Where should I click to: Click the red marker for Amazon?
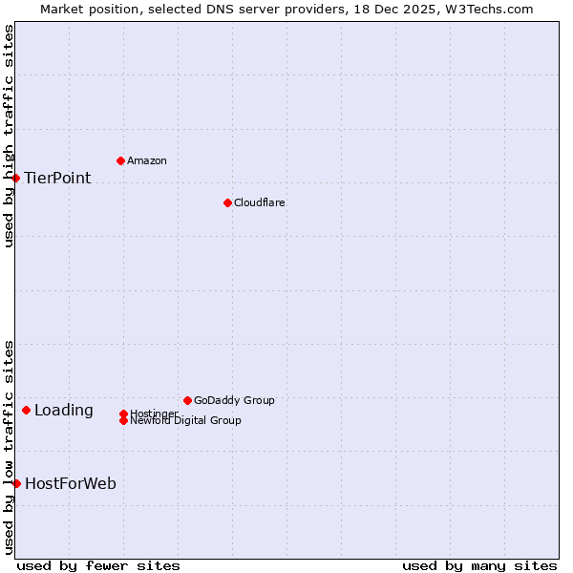[x=120, y=160]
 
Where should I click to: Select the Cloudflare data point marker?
[x=227, y=202]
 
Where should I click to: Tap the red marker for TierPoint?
[x=16, y=178]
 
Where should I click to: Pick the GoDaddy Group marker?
[x=187, y=400]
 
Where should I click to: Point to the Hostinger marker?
[x=123, y=414]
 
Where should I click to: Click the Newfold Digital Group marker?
[x=123, y=420]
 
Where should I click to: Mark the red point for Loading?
[x=26, y=410]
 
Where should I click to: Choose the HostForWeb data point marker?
[x=16, y=483]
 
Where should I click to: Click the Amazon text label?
[x=146, y=160]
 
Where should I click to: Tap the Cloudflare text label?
[x=259, y=202]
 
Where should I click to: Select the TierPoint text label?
[x=57, y=178]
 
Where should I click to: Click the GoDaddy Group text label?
[x=234, y=400]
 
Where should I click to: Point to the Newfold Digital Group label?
[x=185, y=420]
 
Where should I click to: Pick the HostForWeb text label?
[x=71, y=483]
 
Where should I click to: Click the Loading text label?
[x=64, y=411]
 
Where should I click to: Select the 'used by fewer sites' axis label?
[x=98, y=565]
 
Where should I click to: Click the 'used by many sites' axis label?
[x=479, y=565]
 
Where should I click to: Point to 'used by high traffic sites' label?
[x=9, y=136]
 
